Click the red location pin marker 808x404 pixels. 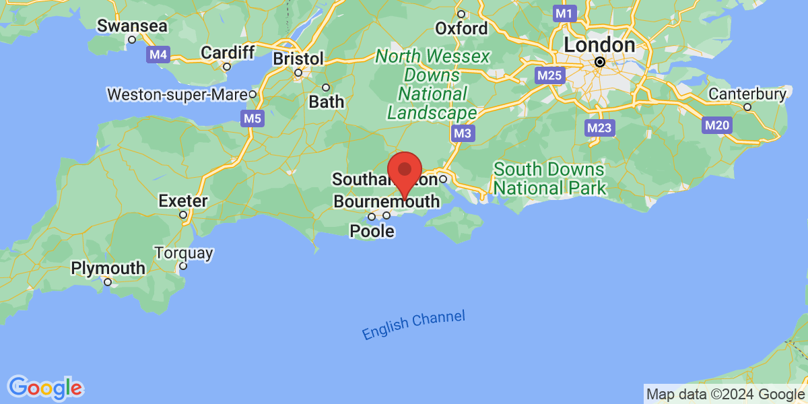[x=405, y=172]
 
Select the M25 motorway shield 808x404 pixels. [x=549, y=75]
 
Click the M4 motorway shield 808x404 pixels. [x=158, y=55]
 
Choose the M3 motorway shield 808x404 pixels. [x=462, y=133]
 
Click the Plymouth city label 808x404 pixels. [x=108, y=268]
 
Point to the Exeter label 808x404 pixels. [x=182, y=201]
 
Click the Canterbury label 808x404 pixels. [x=747, y=94]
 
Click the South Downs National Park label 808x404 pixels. [x=549, y=178]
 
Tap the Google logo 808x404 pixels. [x=46, y=387]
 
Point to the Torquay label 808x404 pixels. [x=184, y=254]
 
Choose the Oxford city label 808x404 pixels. [x=461, y=28]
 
